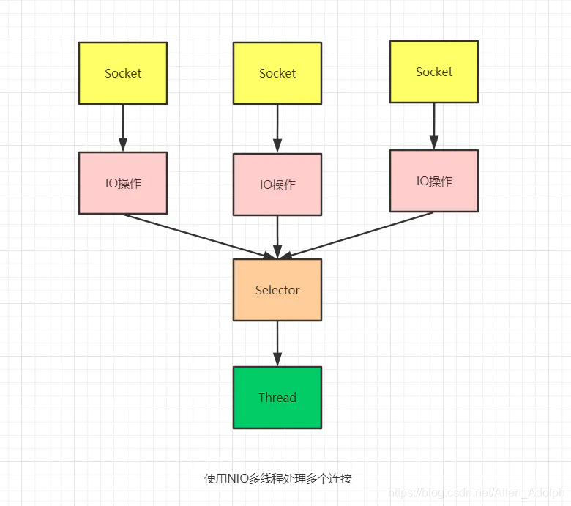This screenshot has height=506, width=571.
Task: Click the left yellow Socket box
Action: click(123, 72)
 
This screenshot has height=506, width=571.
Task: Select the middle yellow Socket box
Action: click(277, 73)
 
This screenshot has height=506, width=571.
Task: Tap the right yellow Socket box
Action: click(434, 71)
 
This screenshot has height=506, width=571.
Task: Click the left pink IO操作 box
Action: click(123, 183)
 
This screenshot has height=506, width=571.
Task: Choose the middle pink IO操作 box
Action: click(277, 185)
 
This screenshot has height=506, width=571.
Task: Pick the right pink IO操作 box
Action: click(434, 181)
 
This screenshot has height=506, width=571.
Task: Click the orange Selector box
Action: click(277, 290)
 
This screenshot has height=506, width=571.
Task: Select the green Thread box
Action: click(277, 398)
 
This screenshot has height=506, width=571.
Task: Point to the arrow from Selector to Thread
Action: click(277, 343)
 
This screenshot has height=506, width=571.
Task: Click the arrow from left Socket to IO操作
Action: click(123, 127)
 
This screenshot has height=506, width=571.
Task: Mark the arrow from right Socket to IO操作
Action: click(434, 125)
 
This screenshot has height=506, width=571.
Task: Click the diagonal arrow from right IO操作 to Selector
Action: click(359, 235)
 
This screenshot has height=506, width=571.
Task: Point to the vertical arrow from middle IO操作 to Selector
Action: click(277, 237)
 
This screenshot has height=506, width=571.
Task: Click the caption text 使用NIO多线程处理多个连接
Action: click(277, 479)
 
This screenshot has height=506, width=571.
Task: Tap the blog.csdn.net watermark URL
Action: click(477, 494)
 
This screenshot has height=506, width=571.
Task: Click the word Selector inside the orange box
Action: click(277, 290)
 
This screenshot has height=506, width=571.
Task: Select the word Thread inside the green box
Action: click(277, 398)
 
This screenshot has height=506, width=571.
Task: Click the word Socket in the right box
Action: click(434, 72)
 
